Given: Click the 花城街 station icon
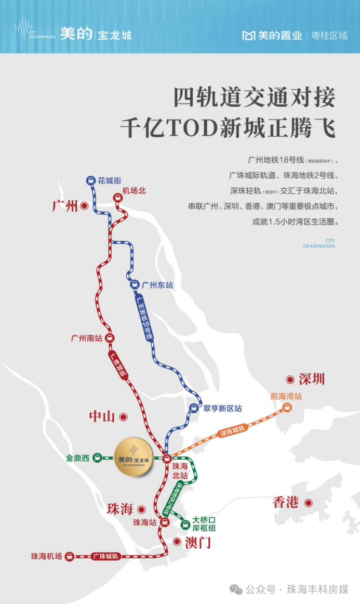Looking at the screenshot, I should pyautogui.click(x=91, y=181).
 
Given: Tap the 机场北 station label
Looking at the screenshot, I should pyautogui.click(x=134, y=191).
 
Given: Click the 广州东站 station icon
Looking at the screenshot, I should pyautogui.click(x=134, y=285).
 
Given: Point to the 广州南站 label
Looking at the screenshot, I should pyautogui.click(x=86, y=338).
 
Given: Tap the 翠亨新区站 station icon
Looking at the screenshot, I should pyautogui.click(x=194, y=409).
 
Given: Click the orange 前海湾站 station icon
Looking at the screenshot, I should pyautogui.click(x=287, y=408).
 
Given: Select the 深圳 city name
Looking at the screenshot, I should pyautogui.click(x=312, y=379).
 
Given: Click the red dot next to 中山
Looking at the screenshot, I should pyautogui.click(x=124, y=416).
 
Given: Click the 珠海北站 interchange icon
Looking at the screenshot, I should pyautogui.click(x=167, y=458).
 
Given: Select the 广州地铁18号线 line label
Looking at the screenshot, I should pyautogui.click(x=144, y=318).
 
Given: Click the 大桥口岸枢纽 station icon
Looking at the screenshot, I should pyautogui.click(x=184, y=524).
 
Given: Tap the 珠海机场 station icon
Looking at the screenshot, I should pyautogui.click(x=70, y=556).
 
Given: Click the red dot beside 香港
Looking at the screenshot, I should pyautogui.click(x=308, y=503).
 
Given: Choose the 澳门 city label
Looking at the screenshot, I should pyautogui.click(x=198, y=543).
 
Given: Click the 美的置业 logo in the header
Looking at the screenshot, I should pyautogui.click(x=272, y=35).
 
